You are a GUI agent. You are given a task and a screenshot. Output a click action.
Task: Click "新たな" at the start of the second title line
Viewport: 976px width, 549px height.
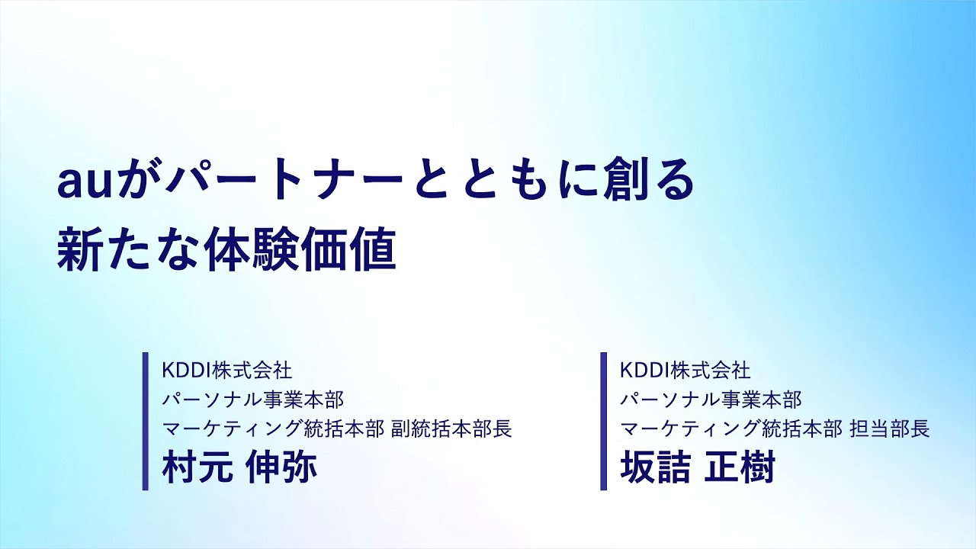(x=126, y=251)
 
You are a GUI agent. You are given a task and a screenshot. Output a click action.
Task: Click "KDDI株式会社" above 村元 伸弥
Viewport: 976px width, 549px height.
(x=226, y=371)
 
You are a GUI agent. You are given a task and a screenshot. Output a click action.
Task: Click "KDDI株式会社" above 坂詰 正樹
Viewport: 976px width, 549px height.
(x=685, y=371)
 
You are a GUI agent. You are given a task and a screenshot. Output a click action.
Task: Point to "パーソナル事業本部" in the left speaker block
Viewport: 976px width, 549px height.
(x=253, y=399)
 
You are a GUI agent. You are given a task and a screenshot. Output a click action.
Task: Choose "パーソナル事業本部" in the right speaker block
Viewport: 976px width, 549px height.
(x=711, y=399)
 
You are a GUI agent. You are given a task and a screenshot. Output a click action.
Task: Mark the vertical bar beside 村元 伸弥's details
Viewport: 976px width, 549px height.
(x=146, y=421)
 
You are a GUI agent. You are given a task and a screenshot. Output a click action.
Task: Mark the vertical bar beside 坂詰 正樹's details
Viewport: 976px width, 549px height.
(x=603, y=421)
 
